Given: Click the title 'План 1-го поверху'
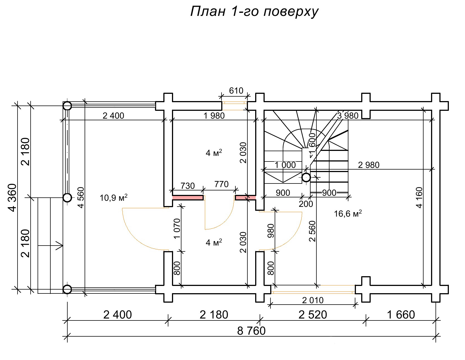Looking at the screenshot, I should tap(254, 12).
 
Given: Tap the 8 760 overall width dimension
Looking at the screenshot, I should tap(251, 331).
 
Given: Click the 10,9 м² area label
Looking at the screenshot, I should tap(114, 198).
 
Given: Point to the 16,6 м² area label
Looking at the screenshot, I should tap(348, 214).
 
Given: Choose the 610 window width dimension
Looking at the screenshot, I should tap(236, 91).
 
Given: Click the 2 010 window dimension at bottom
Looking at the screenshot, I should tap(313, 300).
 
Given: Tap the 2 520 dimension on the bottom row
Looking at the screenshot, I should tap(313, 315).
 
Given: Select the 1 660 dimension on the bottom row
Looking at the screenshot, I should tap(401, 315).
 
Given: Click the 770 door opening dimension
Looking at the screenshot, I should tap(222, 184).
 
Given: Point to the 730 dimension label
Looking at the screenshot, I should tap(187, 186).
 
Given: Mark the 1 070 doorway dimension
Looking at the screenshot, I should tap(177, 229).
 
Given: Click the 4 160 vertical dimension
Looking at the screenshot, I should tap(419, 197).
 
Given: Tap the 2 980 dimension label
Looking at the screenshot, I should tap(368, 165).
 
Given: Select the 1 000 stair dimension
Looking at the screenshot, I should tap(285, 165).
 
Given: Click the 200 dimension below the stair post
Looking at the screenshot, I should tap(306, 204).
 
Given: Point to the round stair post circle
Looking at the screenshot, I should tap(306, 177).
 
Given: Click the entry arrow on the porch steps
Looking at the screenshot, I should tap(59, 246).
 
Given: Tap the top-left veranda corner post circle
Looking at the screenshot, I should tap(67, 106).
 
